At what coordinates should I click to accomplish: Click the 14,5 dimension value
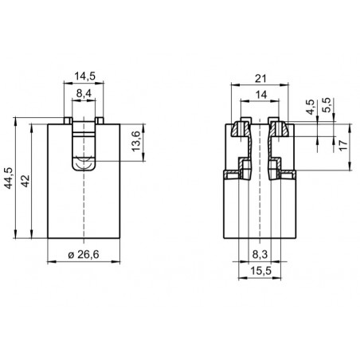(84, 76)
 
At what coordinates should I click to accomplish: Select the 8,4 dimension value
(84, 93)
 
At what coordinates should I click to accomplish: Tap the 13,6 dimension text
(136, 142)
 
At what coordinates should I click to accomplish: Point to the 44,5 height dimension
(10, 178)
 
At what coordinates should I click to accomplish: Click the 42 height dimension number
(25, 181)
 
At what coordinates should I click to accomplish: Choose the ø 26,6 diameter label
(84, 255)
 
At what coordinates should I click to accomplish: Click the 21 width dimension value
(260, 79)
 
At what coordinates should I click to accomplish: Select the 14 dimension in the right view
(261, 95)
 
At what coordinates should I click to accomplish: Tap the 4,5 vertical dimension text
(311, 107)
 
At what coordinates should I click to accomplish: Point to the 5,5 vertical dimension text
(327, 105)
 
